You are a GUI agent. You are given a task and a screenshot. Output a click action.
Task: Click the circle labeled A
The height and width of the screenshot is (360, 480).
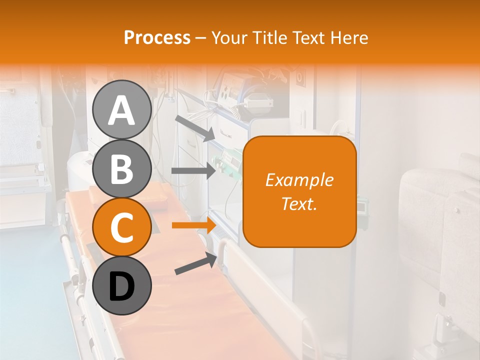(121, 109)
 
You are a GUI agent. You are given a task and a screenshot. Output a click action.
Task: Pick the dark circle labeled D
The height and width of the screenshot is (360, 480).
(121, 285)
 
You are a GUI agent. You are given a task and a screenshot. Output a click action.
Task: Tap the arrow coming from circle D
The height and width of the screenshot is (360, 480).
(195, 263)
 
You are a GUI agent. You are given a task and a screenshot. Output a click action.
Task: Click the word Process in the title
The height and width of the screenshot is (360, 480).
(157, 37)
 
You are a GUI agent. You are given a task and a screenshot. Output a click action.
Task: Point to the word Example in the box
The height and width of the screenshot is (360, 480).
(299, 180)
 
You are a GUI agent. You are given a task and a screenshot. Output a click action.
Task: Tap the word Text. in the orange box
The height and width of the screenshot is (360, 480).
(299, 203)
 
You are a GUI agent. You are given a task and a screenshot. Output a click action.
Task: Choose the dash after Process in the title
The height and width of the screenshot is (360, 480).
(201, 38)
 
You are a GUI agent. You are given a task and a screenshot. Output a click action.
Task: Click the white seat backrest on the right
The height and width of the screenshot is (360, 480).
(425, 210)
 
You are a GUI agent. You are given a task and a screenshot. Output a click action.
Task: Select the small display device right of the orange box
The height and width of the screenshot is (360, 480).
(363, 205)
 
